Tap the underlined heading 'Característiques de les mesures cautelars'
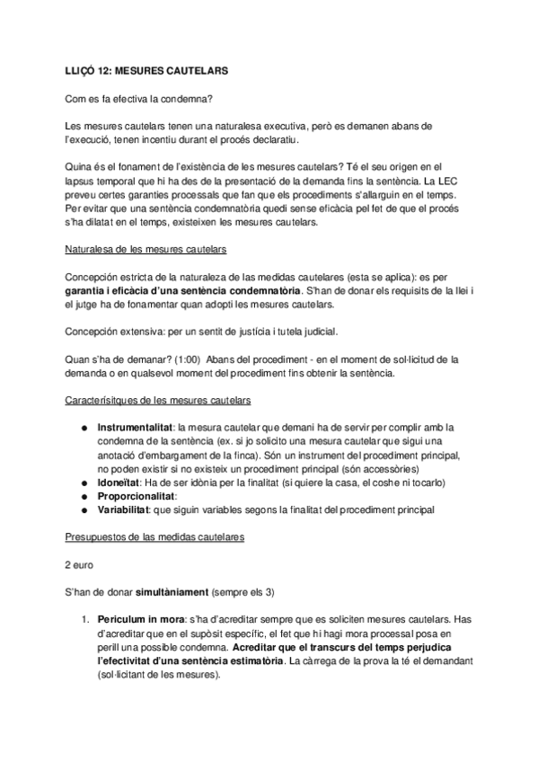click(159, 399)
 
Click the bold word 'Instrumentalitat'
click(136, 427)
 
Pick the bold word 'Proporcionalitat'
click(137, 496)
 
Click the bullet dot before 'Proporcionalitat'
click(84, 496)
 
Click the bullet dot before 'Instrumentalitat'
click(84, 427)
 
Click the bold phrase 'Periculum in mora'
click(139, 619)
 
